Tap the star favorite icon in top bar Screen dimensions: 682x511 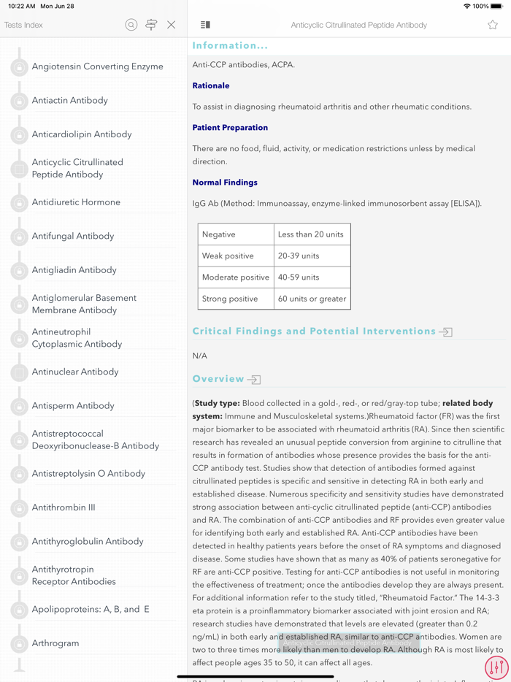[x=493, y=25]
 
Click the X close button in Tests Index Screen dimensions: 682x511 [x=171, y=25]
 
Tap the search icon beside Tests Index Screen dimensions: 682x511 [x=131, y=25]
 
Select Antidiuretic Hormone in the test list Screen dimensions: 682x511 [x=76, y=202]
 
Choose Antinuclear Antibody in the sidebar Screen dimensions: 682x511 [x=75, y=372]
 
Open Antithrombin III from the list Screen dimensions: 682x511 [x=64, y=507]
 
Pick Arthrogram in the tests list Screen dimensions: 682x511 [x=55, y=643]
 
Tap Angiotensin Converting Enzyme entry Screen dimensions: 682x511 [x=97, y=66]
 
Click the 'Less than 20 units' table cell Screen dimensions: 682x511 [x=311, y=234]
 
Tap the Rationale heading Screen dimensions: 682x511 [x=211, y=85]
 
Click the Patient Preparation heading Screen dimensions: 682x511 [x=230, y=128]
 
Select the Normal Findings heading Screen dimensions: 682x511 [x=225, y=183]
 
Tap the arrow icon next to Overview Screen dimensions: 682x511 [x=254, y=380]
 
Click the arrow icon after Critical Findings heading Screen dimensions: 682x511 [x=445, y=332]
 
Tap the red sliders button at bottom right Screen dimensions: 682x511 [x=496, y=667]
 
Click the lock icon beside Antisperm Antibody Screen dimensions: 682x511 [x=19, y=407]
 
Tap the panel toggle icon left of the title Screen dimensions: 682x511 [x=205, y=25]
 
